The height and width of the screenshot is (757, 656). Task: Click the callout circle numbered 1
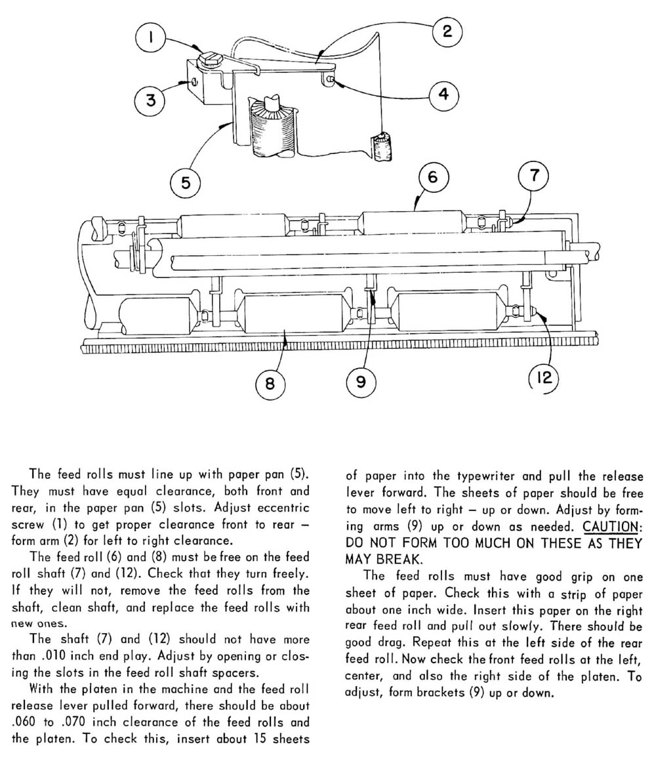[150, 38]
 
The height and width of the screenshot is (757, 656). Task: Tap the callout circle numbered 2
[447, 31]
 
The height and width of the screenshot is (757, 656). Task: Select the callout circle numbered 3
[150, 100]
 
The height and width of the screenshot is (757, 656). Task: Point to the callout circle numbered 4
[444, 94]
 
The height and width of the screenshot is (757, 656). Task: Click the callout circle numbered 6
[432, 176]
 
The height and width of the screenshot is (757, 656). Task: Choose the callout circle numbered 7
[533, 176]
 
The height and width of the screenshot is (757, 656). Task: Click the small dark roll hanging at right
[381, 146]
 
